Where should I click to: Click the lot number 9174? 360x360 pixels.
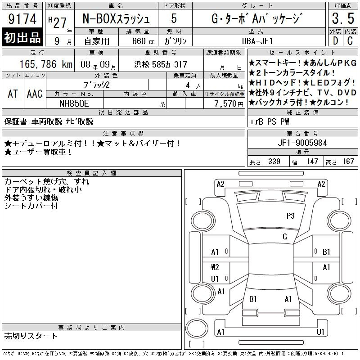(x=22, y=19)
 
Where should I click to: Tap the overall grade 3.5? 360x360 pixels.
(x=343, y=18)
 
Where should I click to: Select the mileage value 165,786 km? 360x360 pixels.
(x=46, y=64)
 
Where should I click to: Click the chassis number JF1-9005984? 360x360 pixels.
(x=302, y=143)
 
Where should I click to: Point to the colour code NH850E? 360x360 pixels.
(x=74, y=103)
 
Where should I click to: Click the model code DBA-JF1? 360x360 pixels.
(x=257, y=41)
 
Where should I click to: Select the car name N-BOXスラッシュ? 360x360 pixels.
(x=116, y=18)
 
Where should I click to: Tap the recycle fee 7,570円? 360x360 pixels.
(x=229, y=104)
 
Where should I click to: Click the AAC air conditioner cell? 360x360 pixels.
(x=35, y=94)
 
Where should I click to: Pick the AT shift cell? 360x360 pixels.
(x=13, y=94)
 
